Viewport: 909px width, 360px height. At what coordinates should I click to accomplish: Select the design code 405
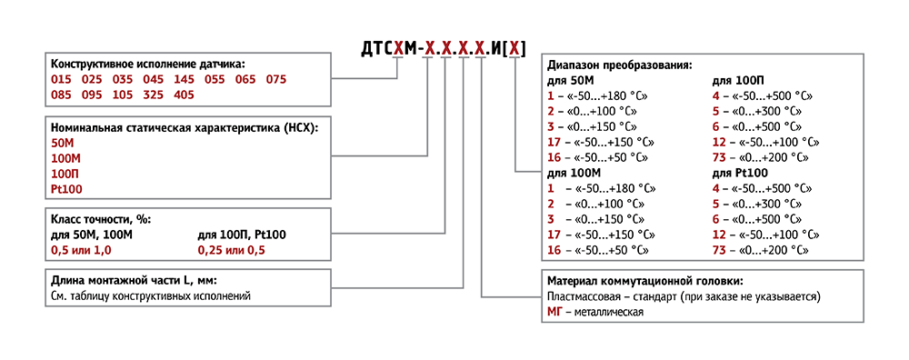(x=183, y=95)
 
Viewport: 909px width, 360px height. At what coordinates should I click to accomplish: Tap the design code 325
(x=153, y=95)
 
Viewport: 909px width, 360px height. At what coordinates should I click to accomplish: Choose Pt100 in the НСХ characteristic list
(x=65, y=188)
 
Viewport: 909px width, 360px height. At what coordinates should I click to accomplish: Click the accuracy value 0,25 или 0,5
(x=232, y=249)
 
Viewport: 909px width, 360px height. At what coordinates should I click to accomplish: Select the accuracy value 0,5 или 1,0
(x=81, y=249)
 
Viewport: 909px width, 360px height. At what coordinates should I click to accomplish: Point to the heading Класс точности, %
(x=101, y=220)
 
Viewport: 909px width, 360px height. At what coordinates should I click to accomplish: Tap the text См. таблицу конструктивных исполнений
(x=150, y=295)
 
